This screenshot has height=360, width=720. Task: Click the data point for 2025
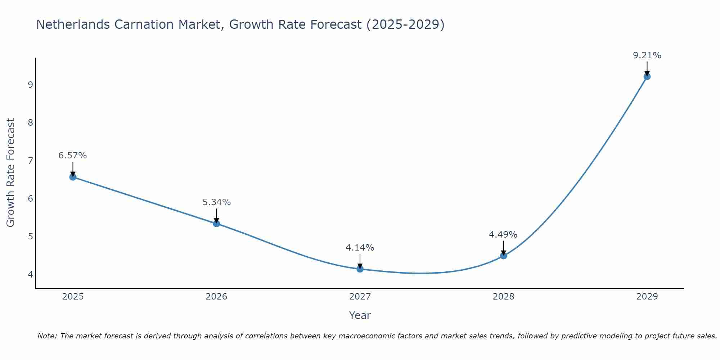[73, 177]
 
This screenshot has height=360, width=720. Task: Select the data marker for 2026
[216, 224]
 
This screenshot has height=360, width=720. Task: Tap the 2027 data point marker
[360, 269]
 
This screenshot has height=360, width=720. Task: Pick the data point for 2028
[503, 256]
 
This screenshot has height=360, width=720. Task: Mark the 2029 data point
[647, 76]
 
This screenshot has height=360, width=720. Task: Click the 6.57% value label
[73, 156]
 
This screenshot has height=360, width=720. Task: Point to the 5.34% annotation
[216, 202]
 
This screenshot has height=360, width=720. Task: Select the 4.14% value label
[360, 248]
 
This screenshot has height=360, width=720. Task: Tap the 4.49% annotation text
[503, 235]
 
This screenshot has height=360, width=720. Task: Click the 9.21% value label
[647, 55]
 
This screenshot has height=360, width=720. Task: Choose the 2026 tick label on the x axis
[216, 297]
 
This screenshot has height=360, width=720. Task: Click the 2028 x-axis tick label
[503, 297]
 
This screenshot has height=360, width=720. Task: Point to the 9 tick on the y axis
[30, 85]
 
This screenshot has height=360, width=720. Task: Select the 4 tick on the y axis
[30, 274]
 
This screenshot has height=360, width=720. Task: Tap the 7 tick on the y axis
[30, 161]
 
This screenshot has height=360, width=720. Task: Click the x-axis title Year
[360, 315]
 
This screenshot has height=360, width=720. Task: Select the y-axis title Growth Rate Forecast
[11, 173]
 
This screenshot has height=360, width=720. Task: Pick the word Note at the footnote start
[47, 336]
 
